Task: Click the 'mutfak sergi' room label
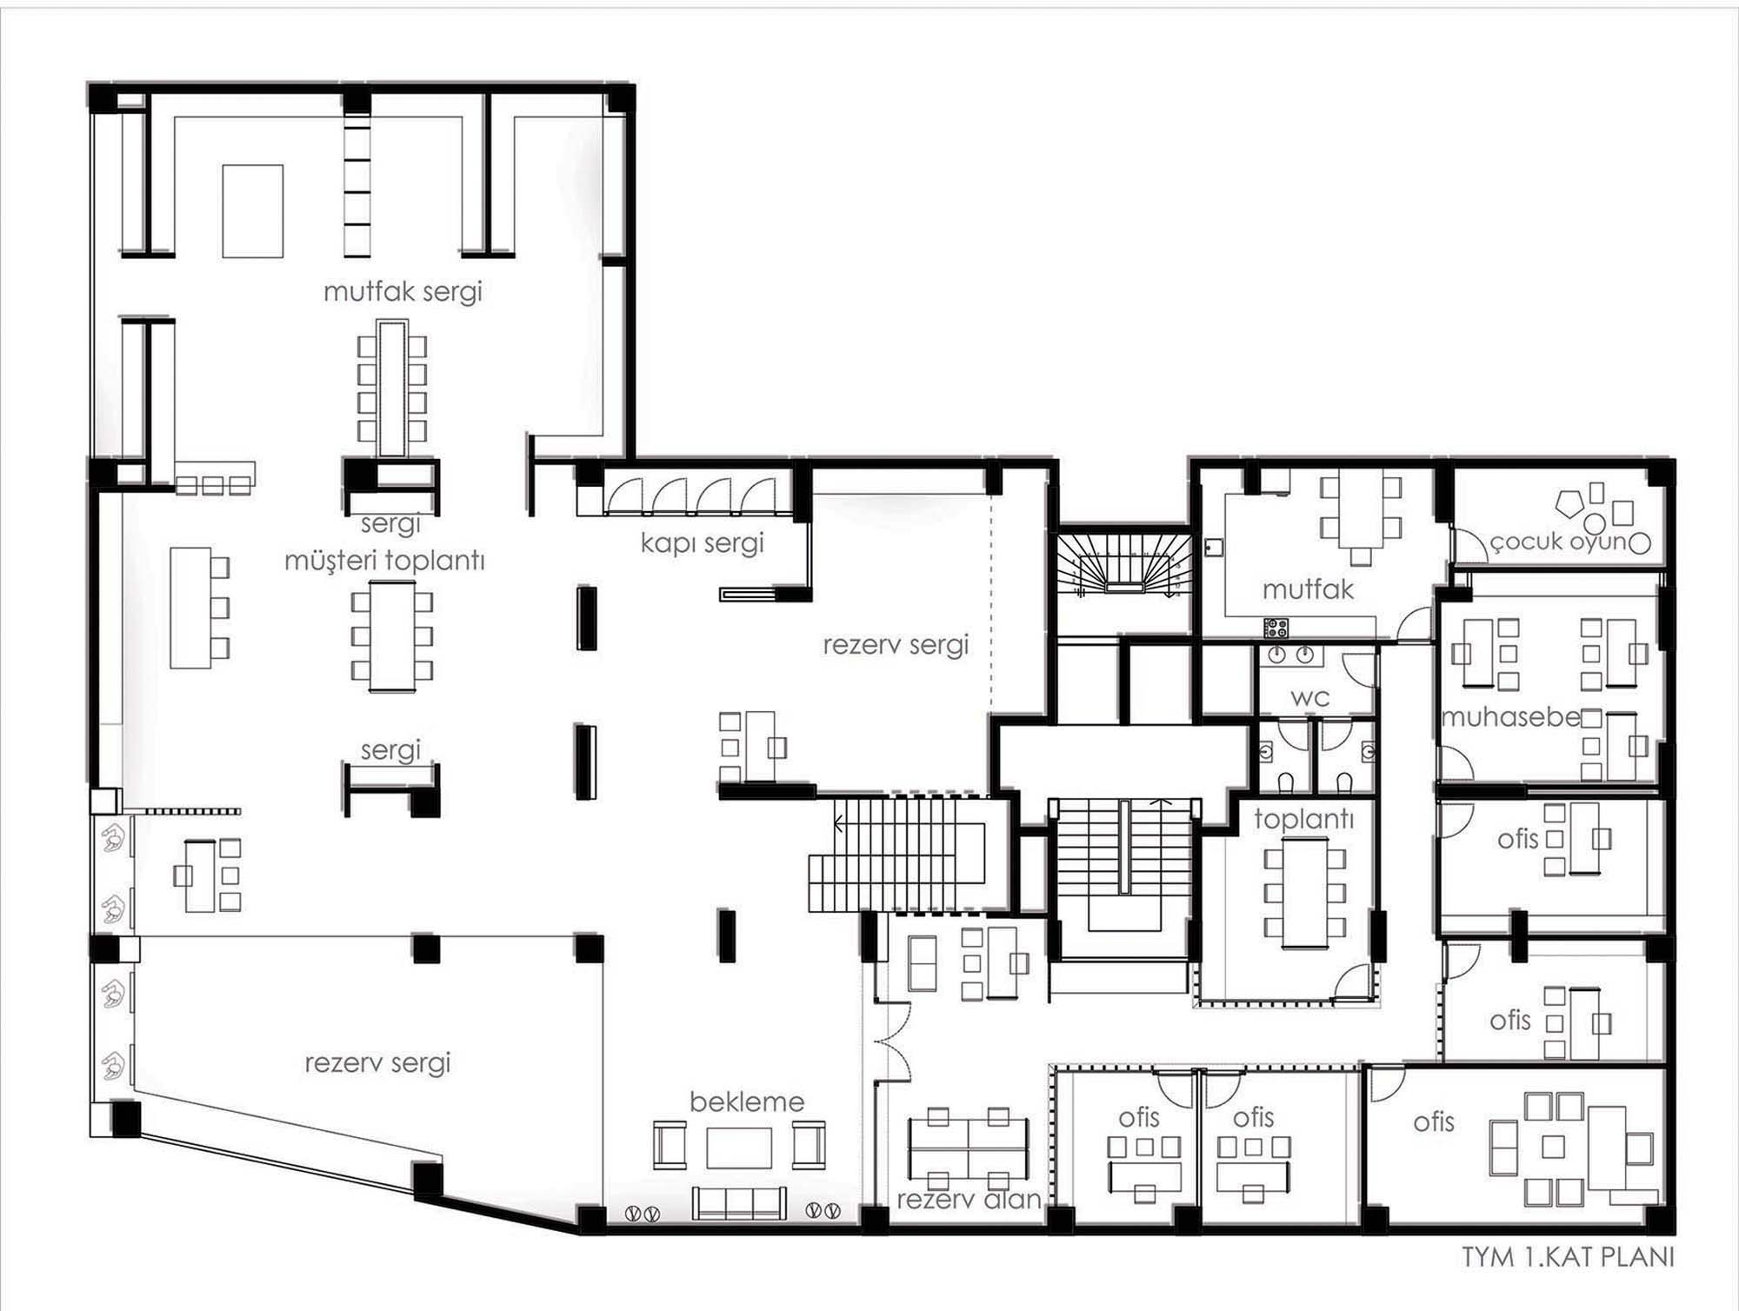(x=403, y=291)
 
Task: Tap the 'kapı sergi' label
(x=702, y=543)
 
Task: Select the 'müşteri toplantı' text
(x=384, y=561)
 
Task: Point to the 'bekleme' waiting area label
(x=747, y=1101)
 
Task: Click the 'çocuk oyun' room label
(x=1558, y=542)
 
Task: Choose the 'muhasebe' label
(x=1510, y=717)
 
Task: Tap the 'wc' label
(x=1309, y=697)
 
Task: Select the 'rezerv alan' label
(x=969, y=1200)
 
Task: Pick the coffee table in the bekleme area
(x=739, y=1148)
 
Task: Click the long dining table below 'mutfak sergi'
(x=392, y=388)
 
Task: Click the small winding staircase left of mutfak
(x=1123, y=565)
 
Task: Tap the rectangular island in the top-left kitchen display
(x=253, y=211)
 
